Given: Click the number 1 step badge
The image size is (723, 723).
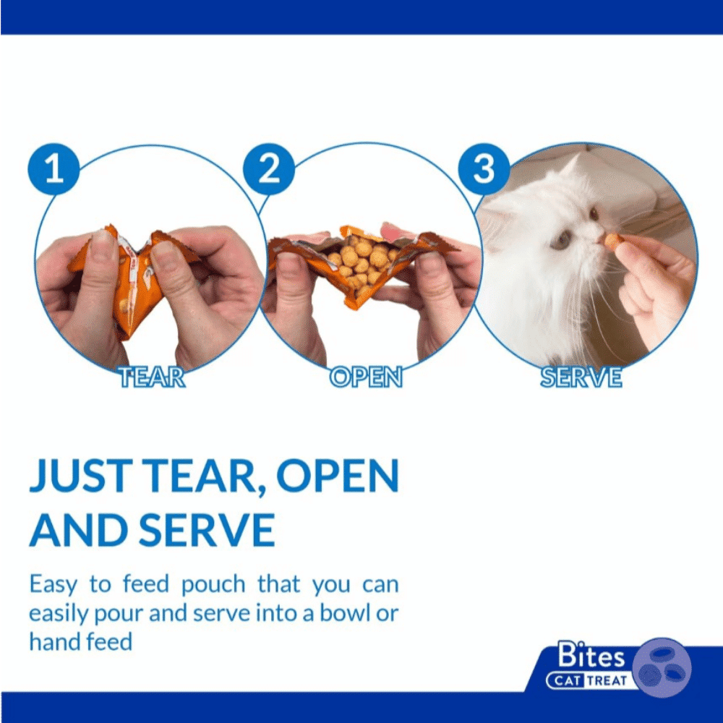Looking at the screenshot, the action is point(54,168).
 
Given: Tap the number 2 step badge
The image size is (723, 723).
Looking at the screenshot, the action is point(269,168).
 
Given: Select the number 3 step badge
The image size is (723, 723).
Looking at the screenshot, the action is point(484,168).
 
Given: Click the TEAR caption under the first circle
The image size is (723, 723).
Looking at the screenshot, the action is point(152,377).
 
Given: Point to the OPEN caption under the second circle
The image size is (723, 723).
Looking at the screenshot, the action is point(366,377).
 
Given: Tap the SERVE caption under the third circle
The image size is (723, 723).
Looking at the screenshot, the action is point(581,377).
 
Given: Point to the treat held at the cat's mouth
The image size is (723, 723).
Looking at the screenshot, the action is point(613,240).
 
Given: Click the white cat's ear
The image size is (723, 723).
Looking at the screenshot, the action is point(570,168).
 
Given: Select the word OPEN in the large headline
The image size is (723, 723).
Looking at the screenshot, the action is point(337,476).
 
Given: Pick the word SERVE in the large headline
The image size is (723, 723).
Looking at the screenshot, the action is point(207,529).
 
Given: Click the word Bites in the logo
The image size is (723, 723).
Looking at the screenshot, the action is point(591,654).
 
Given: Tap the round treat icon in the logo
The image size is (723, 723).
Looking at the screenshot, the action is point(662,667).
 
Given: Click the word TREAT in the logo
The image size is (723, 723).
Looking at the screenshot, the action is point(607,680).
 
